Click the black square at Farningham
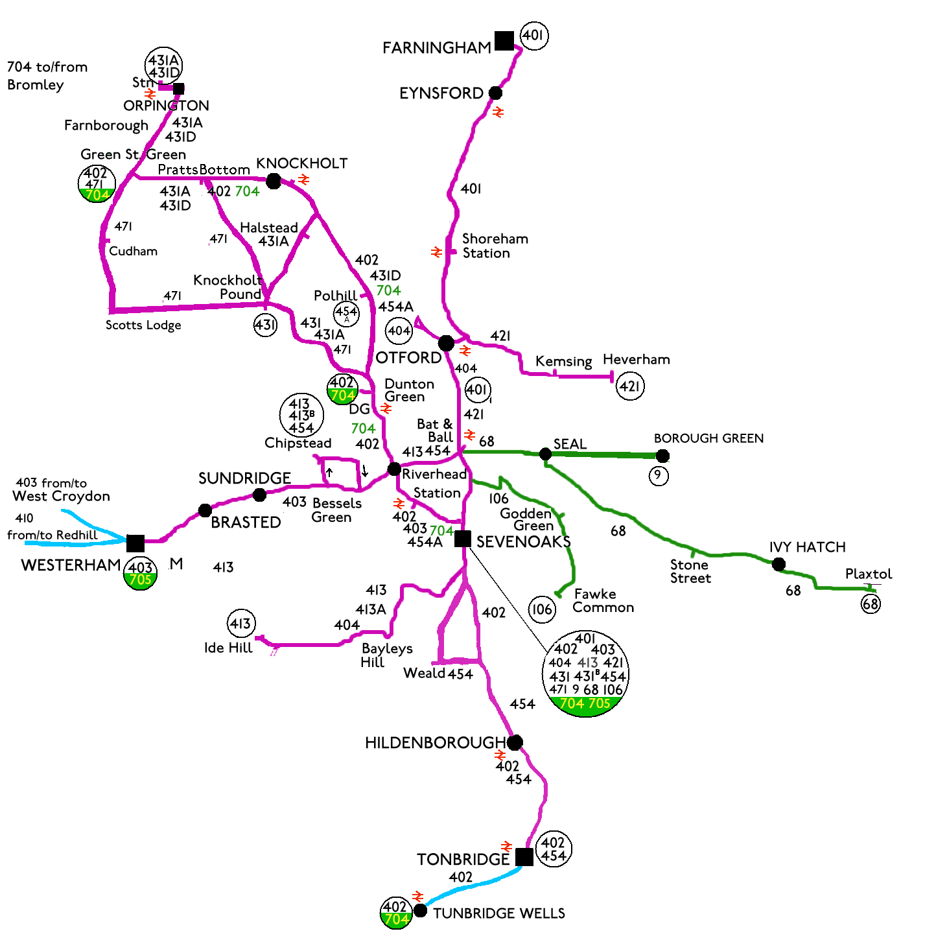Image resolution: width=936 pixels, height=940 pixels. point(504,41)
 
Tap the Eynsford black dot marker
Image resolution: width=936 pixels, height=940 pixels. point(495,93)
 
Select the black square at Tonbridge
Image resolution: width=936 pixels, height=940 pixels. point(524,856)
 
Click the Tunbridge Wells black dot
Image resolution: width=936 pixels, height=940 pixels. point(420,910)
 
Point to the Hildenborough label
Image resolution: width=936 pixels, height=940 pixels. point(435,743)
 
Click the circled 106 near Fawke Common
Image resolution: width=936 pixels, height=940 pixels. point(542,609)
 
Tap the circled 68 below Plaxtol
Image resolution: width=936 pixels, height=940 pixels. point(871,604)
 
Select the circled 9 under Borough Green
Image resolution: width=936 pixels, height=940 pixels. point(658,475)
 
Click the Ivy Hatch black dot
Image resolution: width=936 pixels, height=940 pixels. point(778,564)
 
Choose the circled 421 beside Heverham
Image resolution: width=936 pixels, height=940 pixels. point(629,386)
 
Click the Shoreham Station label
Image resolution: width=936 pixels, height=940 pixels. point(495,246)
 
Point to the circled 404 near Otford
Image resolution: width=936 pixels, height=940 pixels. point(399,331)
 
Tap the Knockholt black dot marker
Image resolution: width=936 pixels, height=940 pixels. point(274,181)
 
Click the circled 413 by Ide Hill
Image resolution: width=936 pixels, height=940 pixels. point(240,624)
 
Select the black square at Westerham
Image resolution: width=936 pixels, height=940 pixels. point(135,543)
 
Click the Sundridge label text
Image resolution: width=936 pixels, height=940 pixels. point(244,478)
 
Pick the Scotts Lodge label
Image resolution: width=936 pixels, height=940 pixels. point(143,325)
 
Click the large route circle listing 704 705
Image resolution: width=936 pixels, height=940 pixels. point(585,674)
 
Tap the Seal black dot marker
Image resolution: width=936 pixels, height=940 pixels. point(546,454)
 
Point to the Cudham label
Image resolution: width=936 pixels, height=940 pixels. point(133,252)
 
